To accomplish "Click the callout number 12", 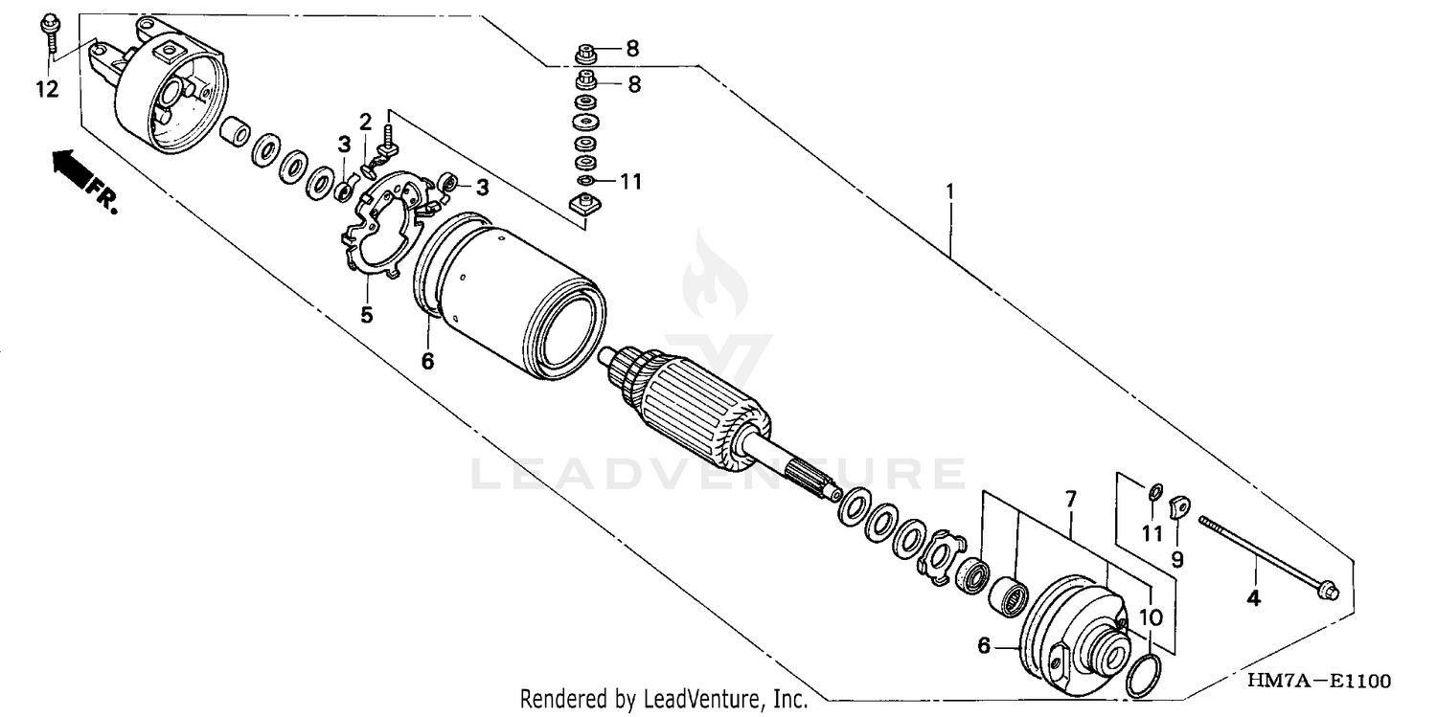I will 47,89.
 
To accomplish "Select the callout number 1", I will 949,191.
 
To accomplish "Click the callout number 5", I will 367,314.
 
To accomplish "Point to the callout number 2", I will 365,121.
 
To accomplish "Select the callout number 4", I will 1253,600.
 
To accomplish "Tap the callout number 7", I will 1070,498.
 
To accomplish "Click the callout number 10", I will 1151,617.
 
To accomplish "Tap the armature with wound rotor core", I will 699,402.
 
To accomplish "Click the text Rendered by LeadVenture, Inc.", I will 663,700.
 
